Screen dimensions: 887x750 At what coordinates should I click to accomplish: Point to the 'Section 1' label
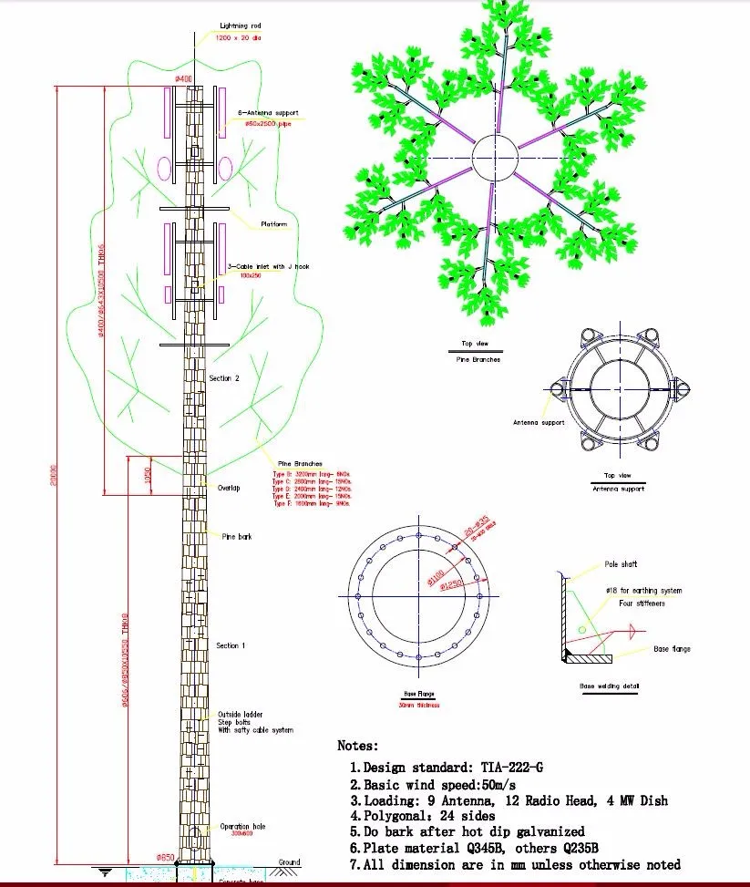(229, 645)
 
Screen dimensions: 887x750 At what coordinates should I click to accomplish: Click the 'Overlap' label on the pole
(228, 488)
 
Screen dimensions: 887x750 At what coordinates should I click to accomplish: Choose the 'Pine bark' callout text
(237, 537)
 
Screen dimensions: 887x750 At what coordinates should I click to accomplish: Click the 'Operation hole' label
(241, 827)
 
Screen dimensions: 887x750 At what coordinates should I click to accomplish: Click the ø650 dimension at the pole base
(165, 857)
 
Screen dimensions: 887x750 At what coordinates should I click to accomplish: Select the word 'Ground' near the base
(289, 861)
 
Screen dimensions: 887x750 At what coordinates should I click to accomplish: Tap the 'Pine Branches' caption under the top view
(478, 360)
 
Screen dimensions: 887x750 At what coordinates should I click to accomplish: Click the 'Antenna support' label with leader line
(539, 422)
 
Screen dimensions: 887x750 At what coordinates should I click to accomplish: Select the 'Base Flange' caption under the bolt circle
(418, 694)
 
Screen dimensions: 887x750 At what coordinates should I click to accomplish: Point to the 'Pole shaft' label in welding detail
(622, 564)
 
